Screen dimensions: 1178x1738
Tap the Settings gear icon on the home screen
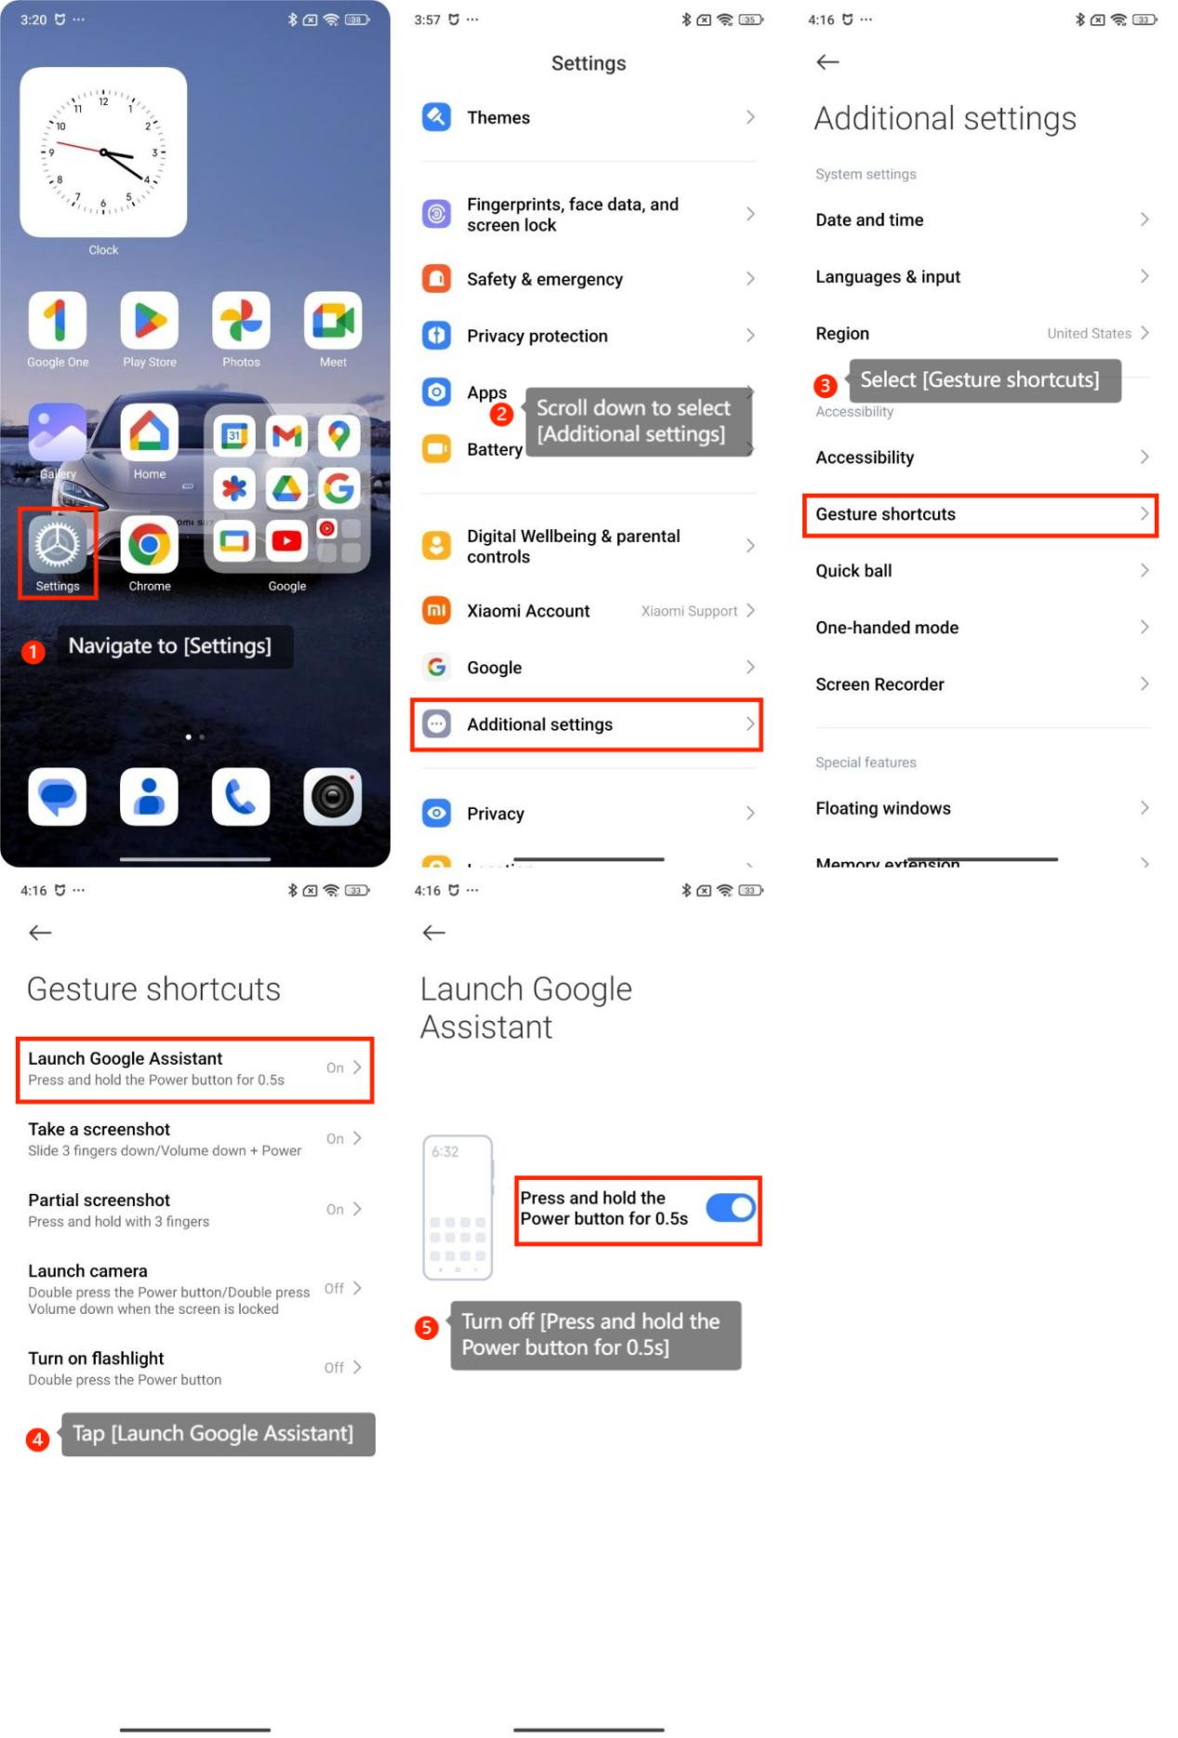58,544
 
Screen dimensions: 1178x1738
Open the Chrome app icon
149,544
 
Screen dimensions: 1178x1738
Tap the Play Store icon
149,320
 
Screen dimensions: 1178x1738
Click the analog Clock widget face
103,152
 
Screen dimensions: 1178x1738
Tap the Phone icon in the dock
240,797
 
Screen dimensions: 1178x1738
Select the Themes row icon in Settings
436,117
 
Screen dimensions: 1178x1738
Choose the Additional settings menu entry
539,724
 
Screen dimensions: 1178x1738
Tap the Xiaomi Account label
528,611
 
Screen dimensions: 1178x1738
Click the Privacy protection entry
537,336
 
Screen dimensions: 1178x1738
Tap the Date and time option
869,219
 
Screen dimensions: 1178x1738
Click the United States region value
1089,333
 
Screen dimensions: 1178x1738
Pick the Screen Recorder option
880,684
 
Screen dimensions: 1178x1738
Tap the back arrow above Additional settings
827,62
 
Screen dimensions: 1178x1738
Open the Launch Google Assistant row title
126,1058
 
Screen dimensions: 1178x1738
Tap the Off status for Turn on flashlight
334,1368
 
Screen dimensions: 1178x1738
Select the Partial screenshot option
99,1200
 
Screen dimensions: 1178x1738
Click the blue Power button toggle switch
731,1207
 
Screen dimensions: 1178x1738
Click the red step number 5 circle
426,1327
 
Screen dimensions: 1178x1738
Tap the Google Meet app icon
333,320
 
